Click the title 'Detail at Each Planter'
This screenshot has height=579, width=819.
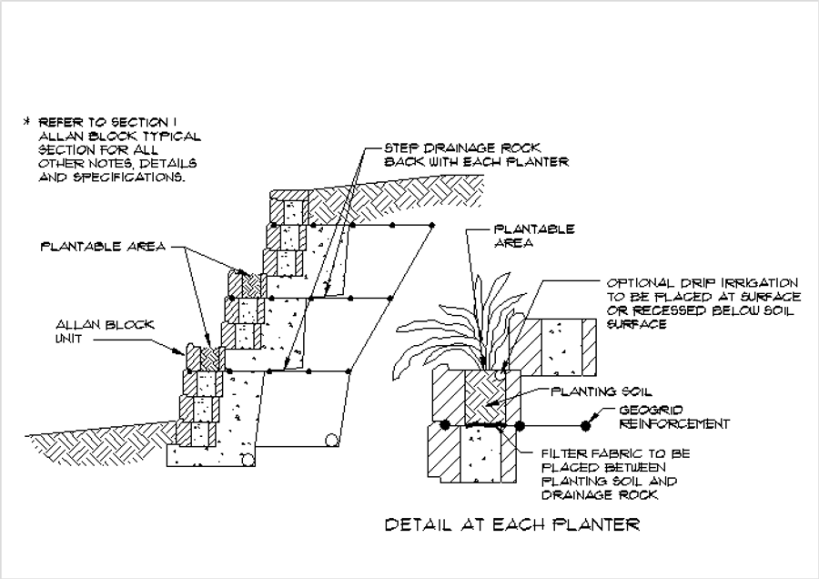[x=512, y=524]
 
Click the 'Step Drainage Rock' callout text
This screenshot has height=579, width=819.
[x=476, y=154]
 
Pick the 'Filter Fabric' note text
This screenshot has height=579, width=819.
[x=615, y=473]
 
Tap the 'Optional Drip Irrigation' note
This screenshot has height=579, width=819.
[x=703, y=303]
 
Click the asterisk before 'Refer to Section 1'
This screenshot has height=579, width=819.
[x=27, y=121]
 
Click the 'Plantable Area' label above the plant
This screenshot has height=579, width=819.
[x=533, y=236]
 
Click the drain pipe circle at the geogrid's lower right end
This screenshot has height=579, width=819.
[x=333, y=442]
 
